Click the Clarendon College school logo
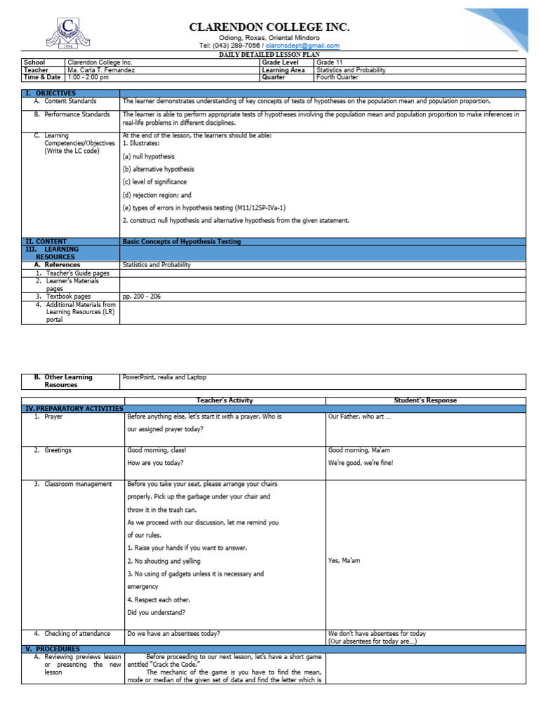point(69,34)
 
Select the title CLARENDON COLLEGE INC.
point(269,27)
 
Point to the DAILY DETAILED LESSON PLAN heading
point(269,54)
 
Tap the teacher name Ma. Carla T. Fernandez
point(101,70)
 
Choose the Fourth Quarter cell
point(338,78)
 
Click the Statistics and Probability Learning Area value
point(354,70)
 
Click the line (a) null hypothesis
point(149,156)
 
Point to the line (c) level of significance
point(154,182)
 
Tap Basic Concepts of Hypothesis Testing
point(182,241)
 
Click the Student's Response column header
point(425,400)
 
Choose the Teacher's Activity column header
point(225,400)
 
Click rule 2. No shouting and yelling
point(164,561)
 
